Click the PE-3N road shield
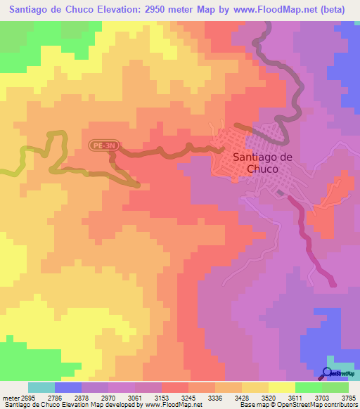pos(103,145)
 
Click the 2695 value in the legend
pos(28,397)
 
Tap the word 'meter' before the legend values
pos(10,397)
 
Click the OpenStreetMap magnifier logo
pos(329,372)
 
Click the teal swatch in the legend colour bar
pos(41,387)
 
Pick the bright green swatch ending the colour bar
pos(335,387)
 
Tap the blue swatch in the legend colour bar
pos(67,387)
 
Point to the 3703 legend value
pos(319,397)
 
